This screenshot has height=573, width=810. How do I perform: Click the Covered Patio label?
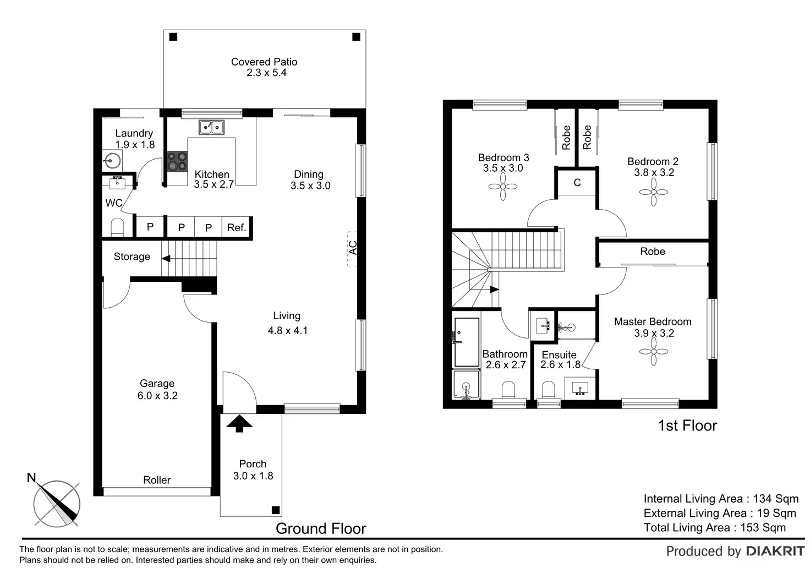(264, 62)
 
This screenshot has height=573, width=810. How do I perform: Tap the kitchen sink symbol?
(211, 127)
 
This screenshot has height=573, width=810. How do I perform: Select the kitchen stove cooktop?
(177, 161)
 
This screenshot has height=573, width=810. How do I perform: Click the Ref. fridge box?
(237, 227)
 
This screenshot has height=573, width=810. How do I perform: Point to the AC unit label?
(353, 248)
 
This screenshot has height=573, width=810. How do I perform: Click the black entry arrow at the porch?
(239, 423)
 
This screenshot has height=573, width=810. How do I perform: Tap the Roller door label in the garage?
(157, 480)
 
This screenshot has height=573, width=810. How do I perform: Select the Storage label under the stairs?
(132, 257)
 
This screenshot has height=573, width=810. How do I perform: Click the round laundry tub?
(112, 160)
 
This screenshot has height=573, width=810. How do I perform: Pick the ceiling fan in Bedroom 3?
(503, 187)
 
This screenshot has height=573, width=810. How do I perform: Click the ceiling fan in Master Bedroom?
(653, 351)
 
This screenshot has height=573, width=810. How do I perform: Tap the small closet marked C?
(577, 182)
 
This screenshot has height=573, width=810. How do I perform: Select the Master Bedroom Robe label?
(653, 252)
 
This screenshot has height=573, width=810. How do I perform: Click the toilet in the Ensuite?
(549, 390)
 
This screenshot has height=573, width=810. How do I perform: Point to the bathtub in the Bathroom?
(467, 342)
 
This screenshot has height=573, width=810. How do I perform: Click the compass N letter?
(31, 478)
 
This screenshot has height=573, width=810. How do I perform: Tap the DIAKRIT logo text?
(775, 552)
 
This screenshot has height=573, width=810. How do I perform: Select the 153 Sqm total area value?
(763, 528)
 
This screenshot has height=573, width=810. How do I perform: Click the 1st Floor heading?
(687, 426)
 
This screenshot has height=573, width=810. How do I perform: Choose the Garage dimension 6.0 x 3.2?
(157, 396)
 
